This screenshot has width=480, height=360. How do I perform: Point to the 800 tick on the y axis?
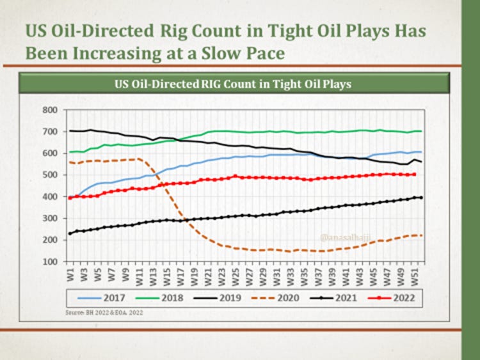[x=50, y=110]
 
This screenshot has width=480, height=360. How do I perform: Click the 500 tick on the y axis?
[x=50, y=175]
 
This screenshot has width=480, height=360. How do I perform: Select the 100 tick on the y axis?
[x=50, y=262]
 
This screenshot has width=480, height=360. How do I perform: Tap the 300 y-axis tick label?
[x=50, y=219]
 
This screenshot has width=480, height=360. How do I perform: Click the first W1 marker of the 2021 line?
[x=70, y=233]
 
